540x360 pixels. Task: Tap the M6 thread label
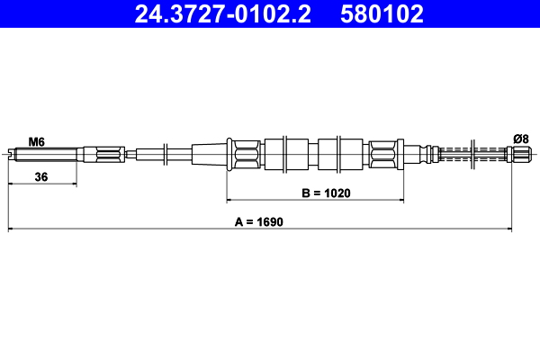[36, 141]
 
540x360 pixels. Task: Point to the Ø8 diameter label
[520, 138]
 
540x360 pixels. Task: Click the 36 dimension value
[40, 177]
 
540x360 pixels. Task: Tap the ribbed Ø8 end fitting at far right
[520, 154]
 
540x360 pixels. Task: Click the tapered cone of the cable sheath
[209, 154]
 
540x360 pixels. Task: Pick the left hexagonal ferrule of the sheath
[245, 154]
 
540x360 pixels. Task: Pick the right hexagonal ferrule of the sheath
[383, 154]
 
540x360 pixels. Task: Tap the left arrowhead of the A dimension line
[11, 229]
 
